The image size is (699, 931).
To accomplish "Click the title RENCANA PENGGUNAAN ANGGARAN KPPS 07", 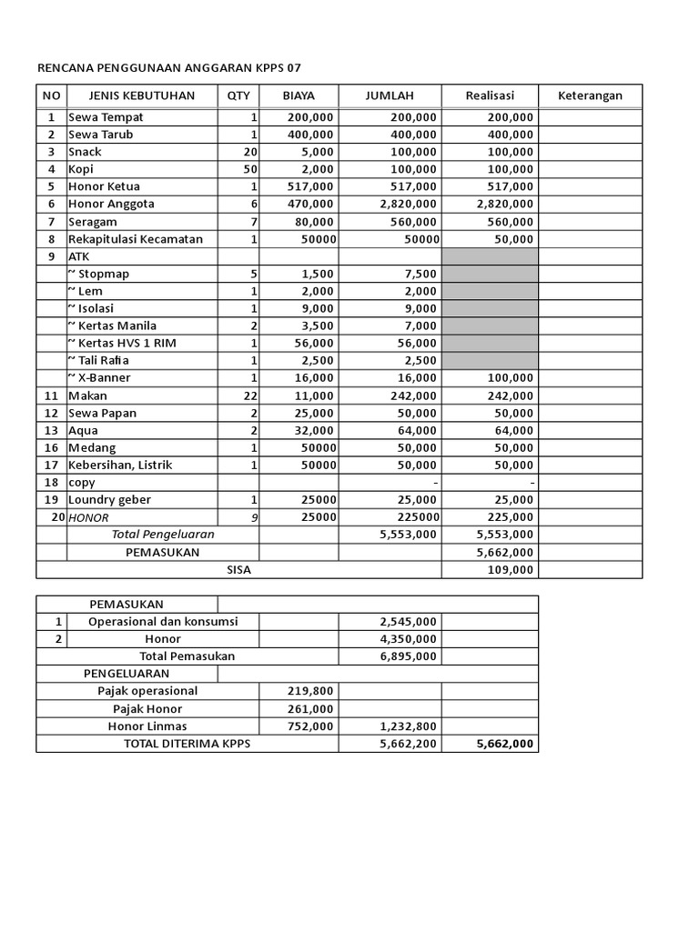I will pos(168,68).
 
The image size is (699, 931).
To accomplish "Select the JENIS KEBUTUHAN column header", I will pos(141,95).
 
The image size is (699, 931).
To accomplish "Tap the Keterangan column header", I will pos(590,95).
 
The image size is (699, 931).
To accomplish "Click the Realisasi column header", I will pos(490,95).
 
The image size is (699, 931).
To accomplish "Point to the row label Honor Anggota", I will pos(111,205).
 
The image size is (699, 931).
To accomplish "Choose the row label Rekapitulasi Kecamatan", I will pos(135,239).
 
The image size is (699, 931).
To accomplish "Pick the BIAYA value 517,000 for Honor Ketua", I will pos(310,187).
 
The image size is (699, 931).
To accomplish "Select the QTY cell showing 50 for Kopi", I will pos(250,170).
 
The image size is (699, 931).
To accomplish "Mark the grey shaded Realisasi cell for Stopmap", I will pos(490,275).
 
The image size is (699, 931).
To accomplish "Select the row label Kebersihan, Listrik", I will pos(120,465).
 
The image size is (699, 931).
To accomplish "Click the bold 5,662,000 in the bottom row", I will pos(504,745).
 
